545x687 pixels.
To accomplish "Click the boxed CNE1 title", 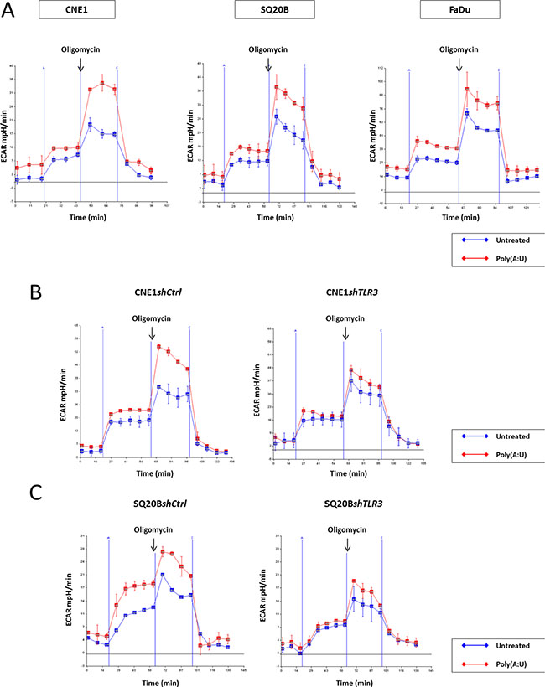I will point(77,16).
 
